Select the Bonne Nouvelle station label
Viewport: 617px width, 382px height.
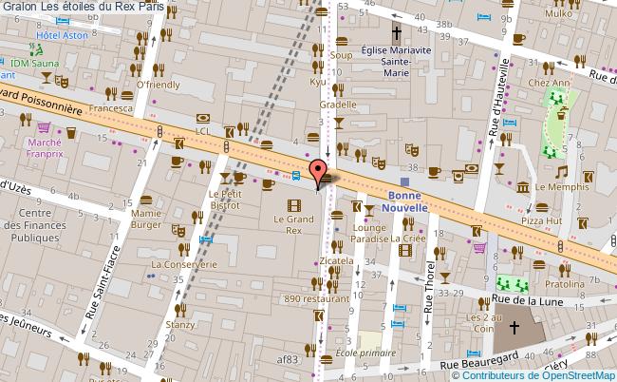click(x=404, y=200)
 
